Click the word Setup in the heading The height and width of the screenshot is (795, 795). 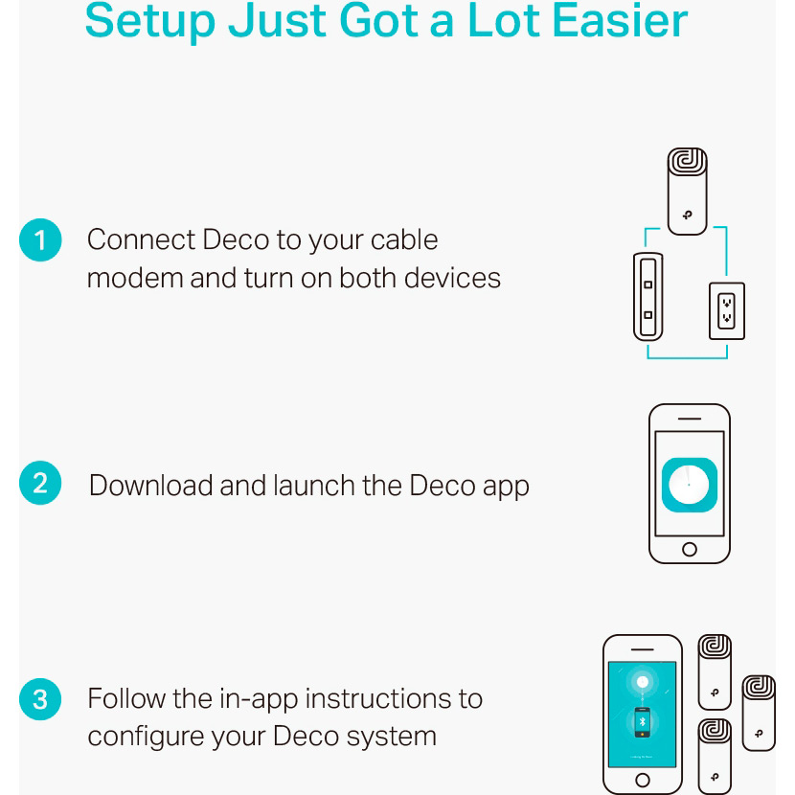[150, 22]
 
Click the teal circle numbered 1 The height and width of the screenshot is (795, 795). [40, 239]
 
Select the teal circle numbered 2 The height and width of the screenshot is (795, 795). [40, 483]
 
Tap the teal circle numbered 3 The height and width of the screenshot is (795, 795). [40, 699]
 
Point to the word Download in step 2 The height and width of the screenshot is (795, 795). [151, 486]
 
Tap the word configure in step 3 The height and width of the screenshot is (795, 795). [147, 738]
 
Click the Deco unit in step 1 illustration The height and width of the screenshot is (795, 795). [687, 192]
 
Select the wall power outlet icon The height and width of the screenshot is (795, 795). [727, 310]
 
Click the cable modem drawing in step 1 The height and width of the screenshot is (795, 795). [647, 297]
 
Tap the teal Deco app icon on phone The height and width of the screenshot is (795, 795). [689, 485]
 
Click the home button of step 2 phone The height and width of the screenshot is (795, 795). [689, 549]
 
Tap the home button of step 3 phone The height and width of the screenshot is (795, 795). [642, 780]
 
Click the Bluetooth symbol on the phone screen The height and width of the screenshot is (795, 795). [642, 722]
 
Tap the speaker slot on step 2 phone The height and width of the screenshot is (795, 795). [689, 419]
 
